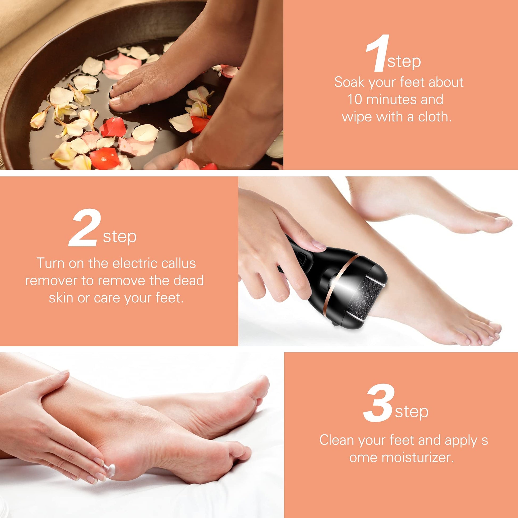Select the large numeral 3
point(379,403)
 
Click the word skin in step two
point(61,298)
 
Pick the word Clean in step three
point(337,440)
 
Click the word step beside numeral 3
point(412,412)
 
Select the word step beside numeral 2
point(120,237)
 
